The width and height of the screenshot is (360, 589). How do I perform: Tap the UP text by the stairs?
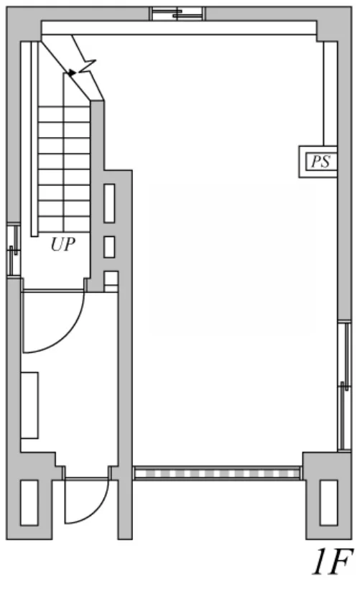coord(63,244)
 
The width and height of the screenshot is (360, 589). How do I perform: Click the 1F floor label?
coord(333,562)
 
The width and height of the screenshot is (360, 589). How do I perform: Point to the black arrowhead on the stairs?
coord(72,72)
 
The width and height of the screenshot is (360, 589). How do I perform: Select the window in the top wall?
coord(177,14)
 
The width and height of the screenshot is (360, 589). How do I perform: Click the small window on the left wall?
coord(14,250)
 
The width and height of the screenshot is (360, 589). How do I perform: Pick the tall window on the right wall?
coord(344,386)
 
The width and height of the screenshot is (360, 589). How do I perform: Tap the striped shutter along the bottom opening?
coord(218,473)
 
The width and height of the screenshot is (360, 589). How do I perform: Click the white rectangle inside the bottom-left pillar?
coord(29,503)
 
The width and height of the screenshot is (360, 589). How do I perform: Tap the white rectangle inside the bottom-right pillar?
coord(328,503)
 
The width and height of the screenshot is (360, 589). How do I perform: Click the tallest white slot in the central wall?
coord(109,203)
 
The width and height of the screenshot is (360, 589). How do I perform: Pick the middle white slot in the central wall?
coord(109,247)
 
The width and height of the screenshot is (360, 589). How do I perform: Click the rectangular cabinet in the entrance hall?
coord(29,405)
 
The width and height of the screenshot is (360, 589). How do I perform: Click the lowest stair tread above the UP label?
coord(64,224)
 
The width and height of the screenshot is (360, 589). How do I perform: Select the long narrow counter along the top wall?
coord(179,28)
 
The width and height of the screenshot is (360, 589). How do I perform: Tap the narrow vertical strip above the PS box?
coord(331,93)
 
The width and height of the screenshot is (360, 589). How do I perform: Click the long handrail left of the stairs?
coord(34,139)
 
